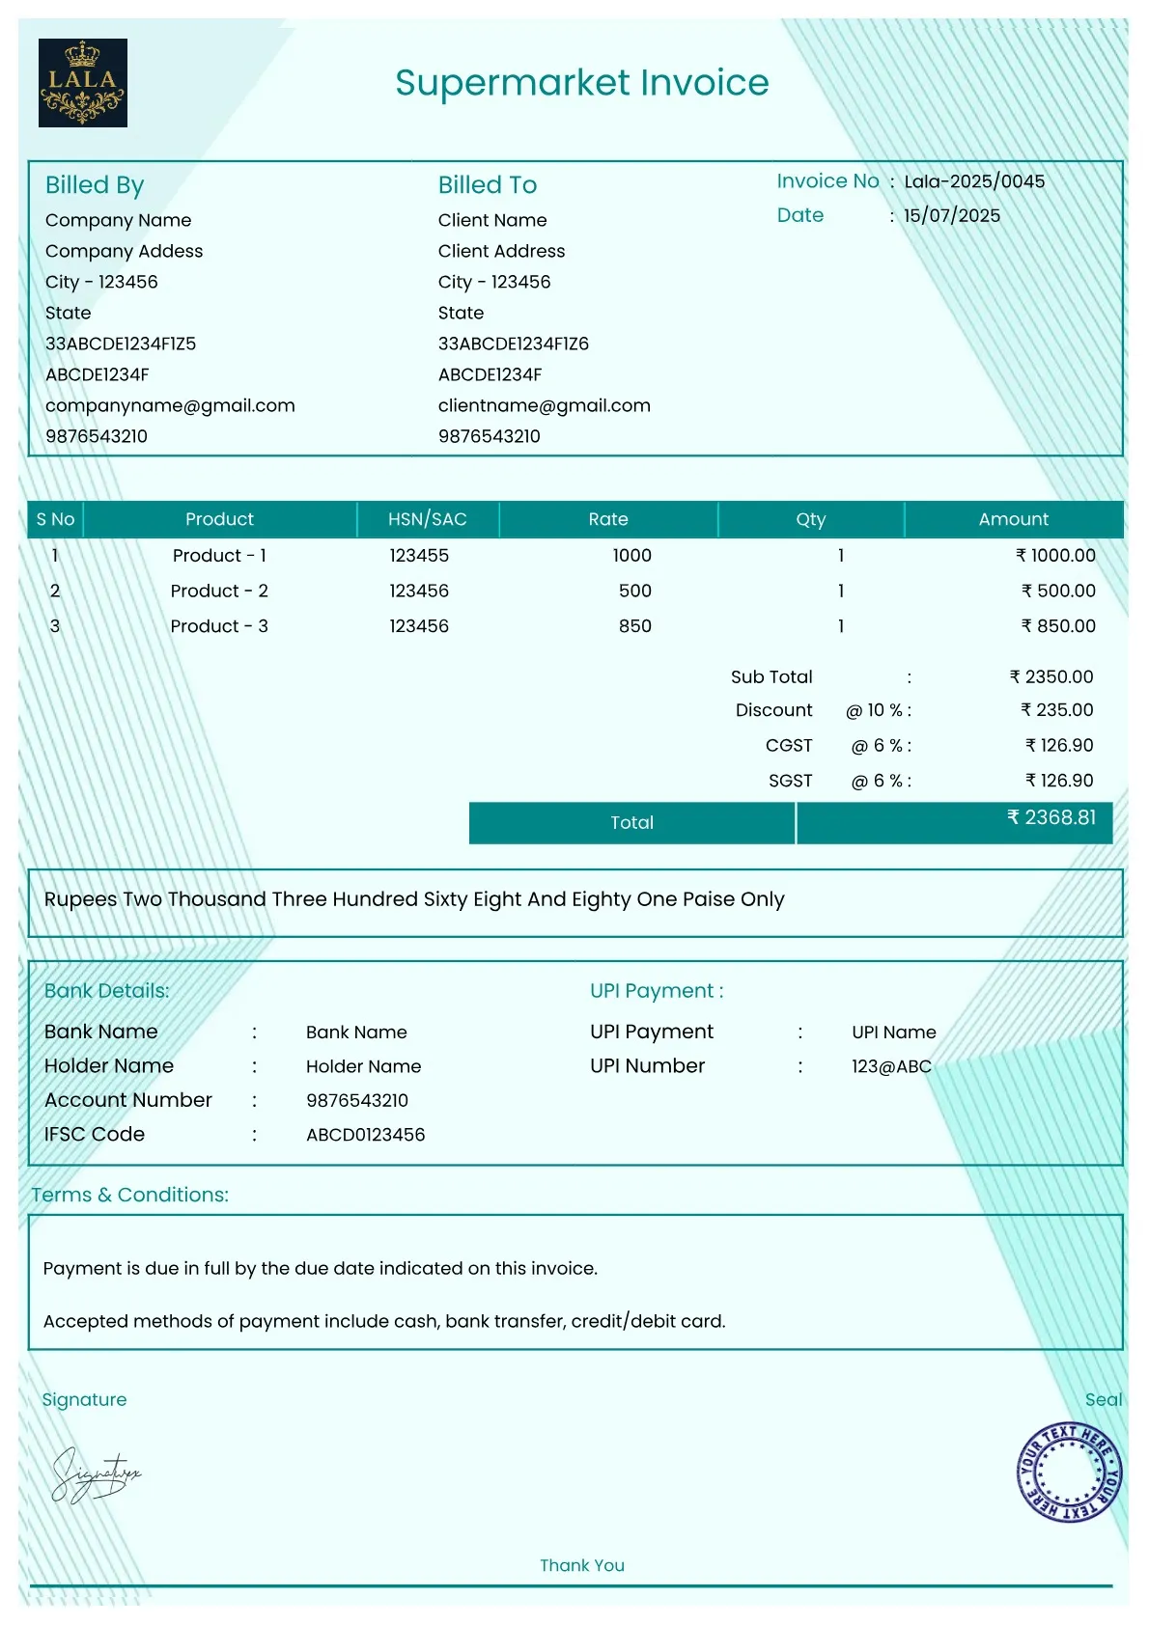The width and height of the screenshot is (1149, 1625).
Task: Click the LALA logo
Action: point(83,83)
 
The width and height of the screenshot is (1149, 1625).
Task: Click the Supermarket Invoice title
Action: point(581,83)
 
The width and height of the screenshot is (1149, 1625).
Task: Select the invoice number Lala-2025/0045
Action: point(973,181)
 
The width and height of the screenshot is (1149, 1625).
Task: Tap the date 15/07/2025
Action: point(951,215)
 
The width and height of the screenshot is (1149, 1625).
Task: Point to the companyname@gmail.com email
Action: point(170,405)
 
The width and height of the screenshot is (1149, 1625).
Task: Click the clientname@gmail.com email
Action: point(544,405)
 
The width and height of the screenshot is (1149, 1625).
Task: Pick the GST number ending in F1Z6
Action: point(513,344)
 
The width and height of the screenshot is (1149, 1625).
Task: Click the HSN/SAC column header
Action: point(427,519)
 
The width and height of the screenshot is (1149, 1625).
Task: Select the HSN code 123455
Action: point(419,556)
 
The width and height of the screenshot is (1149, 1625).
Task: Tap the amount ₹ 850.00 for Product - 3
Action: point(1058,626)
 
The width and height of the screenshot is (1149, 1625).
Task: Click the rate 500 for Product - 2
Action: point(634,591)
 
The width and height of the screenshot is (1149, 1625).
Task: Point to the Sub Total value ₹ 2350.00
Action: point(1051,676)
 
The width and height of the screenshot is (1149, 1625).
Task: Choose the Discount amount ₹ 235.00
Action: point(1056,710)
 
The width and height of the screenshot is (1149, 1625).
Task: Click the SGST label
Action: point(790,781)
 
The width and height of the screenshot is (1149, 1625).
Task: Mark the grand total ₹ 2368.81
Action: point(1051,818)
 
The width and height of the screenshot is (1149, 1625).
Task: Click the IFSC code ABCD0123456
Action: point(365,1135)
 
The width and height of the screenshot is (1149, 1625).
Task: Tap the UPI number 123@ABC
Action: point(891,1066)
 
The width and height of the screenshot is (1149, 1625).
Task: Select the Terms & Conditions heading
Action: point(130,1195)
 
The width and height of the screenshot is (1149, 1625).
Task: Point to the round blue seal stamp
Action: point(1069,1472)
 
